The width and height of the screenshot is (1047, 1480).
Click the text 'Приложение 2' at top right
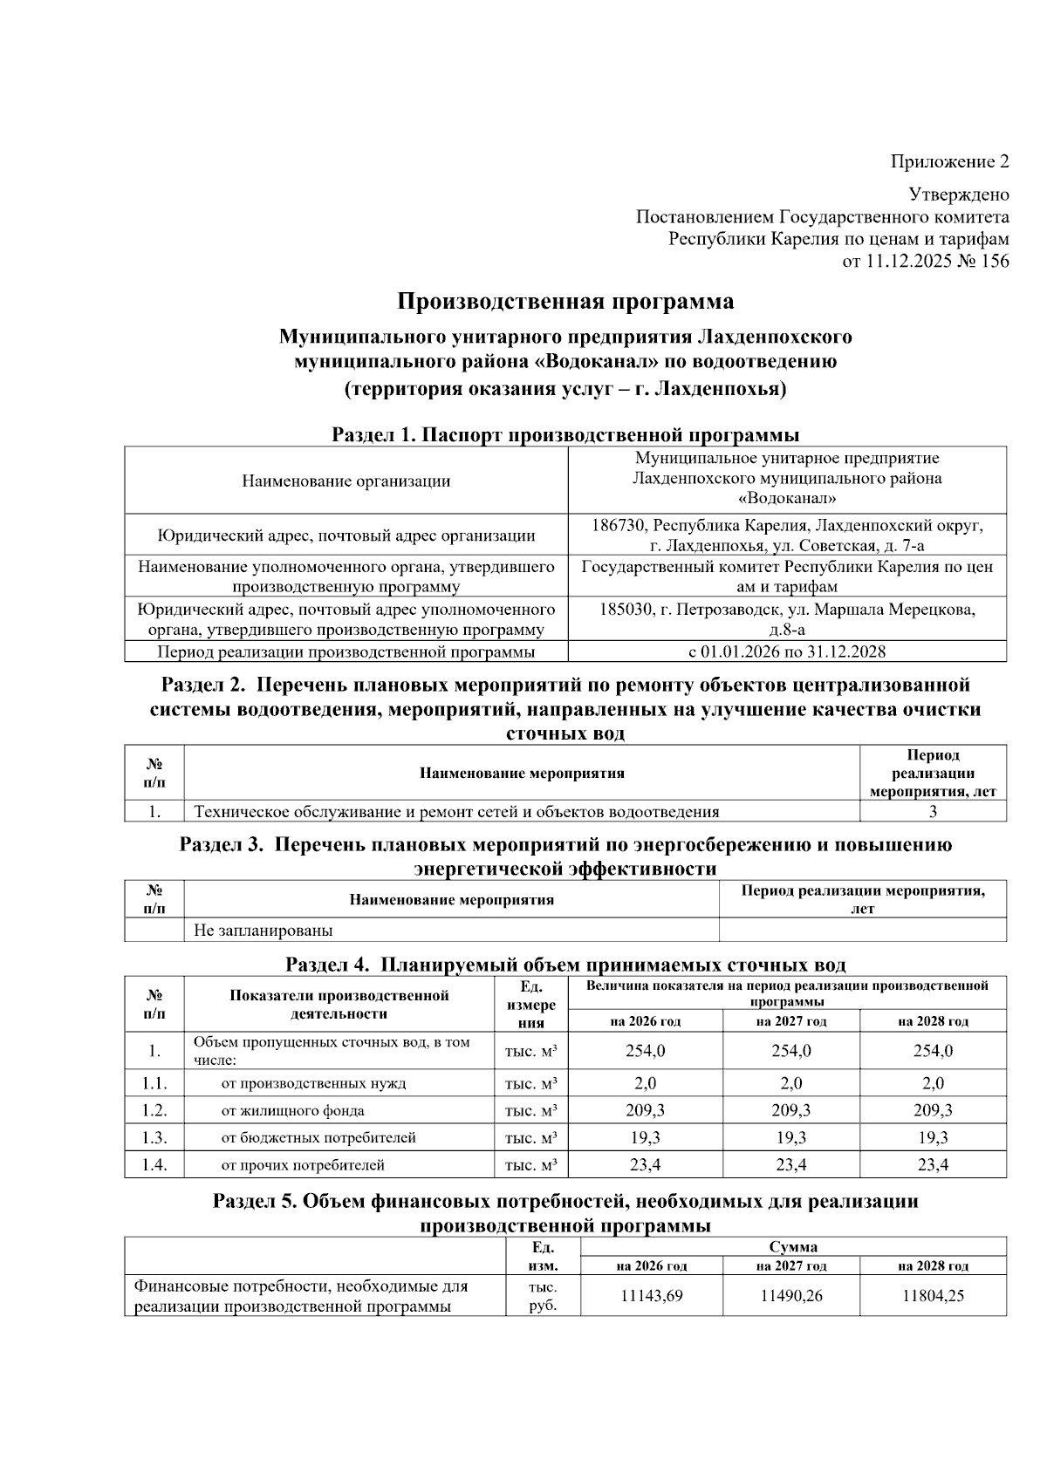[949, 161]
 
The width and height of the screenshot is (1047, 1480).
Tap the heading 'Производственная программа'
[565, 302]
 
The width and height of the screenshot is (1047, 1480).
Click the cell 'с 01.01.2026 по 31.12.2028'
[787, 651]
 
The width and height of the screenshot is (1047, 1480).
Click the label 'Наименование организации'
[346, 481]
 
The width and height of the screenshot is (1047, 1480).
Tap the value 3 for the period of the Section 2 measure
[933, 812]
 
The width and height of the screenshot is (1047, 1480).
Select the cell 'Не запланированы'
[263, 930]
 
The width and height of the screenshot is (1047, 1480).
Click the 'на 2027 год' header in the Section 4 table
[790, 1021]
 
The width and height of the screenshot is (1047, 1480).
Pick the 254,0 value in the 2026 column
[645, 1051]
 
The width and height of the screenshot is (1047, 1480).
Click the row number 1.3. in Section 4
[154, 1137]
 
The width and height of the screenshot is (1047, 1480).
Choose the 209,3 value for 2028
[933, 1110]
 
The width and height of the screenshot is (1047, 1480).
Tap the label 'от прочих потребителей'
[302, 1164]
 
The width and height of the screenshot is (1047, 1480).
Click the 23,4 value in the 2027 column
[790, 1164]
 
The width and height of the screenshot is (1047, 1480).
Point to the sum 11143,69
[651, 1296]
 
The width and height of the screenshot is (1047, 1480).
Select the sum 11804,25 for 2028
[933, 1296]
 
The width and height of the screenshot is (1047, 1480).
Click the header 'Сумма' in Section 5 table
[793, 1247]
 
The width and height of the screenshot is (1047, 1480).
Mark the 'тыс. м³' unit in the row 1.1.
[531, 1083]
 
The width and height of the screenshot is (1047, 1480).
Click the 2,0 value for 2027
[790, 1083]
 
